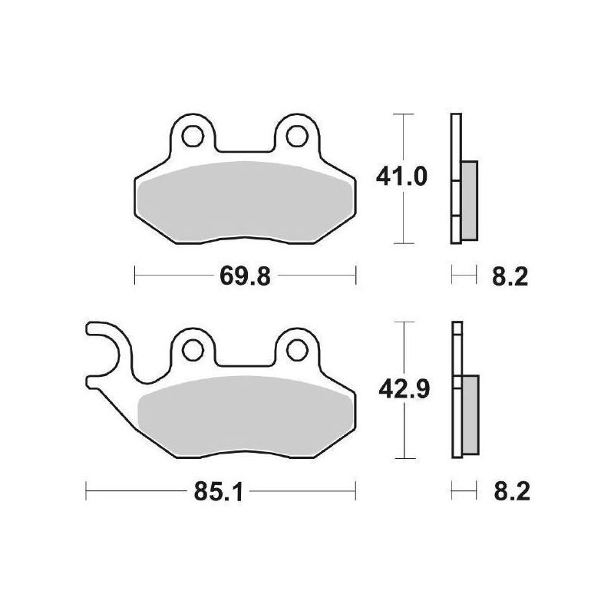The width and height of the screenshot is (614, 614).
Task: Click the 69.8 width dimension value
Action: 244,275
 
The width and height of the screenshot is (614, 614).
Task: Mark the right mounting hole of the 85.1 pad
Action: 296,349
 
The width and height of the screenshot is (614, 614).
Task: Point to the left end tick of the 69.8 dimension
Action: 135,275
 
